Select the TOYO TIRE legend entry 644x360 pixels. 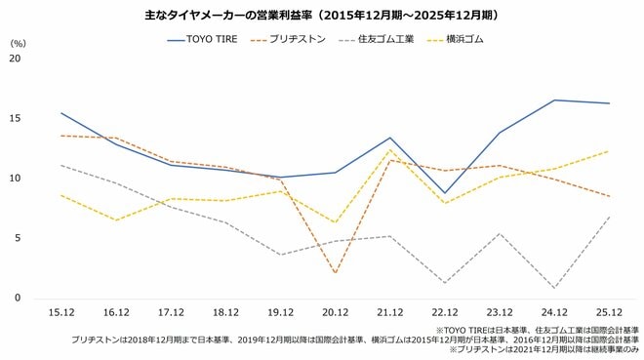pos(204,40)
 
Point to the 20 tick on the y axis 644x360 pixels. pos(14,59)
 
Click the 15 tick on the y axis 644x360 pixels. pos(14,118)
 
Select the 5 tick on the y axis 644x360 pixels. pos(16,238)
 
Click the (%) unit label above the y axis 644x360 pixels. pos(18,43)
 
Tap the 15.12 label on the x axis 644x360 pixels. pos(60,312)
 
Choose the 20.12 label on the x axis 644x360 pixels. pos(335,312)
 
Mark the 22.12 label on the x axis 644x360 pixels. pos(445,312)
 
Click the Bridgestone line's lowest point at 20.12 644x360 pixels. pos(335,273)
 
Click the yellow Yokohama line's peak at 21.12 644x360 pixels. pos(390,149)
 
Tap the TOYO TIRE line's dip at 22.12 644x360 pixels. pos(445,193)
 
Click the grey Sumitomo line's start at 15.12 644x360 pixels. pos(60,165)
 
